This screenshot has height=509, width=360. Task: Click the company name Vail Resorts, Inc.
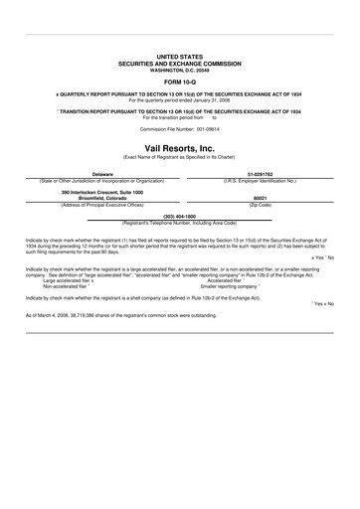coord(180,148)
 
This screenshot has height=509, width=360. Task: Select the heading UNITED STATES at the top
coord(180,59)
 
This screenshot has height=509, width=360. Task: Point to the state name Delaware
coord(96,173)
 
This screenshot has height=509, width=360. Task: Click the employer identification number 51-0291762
coord(261,173)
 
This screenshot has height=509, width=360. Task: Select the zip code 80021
coord(261,198)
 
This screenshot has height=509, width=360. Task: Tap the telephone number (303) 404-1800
coord(180,215)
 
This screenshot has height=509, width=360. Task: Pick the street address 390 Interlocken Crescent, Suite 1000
coord(96,192)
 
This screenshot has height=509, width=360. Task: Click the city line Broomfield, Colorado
coord(96,198)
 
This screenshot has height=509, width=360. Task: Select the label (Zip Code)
coord(261,204)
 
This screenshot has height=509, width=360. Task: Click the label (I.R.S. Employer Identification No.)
coord(261,179)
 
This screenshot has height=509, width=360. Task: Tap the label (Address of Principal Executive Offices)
coord(96,204)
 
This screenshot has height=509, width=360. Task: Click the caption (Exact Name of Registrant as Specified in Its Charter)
coord(180,157)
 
